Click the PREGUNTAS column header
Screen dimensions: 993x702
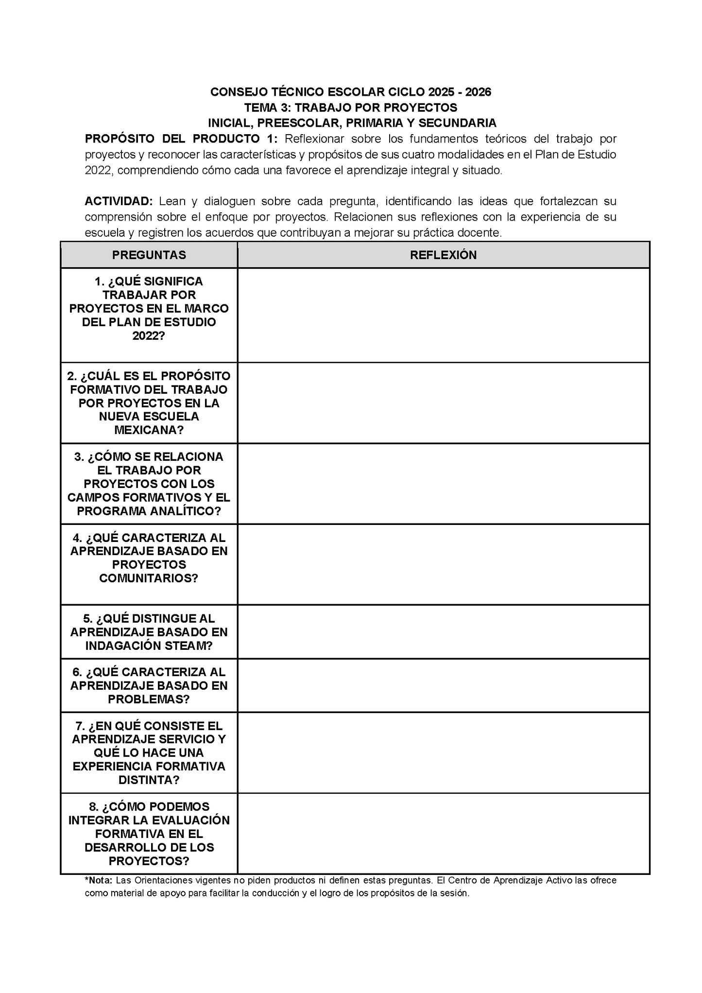149,255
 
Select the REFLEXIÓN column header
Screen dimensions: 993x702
443,255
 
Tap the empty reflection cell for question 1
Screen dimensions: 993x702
443,315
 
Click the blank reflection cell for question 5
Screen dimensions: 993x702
443,632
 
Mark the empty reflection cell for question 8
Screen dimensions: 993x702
443,834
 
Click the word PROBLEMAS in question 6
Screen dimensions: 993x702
149,699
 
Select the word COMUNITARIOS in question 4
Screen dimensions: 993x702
149,578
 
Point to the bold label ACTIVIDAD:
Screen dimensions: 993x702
119,201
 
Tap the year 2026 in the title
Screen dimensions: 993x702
478,92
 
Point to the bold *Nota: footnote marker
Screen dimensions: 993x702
99,880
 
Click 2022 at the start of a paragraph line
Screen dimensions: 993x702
99,171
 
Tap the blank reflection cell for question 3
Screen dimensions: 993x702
443,484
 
